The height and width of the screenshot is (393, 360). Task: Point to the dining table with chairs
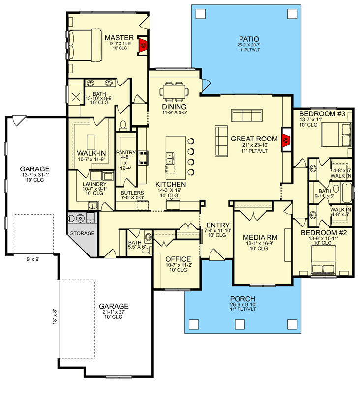coord(175,90)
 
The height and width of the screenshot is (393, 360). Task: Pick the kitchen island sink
coord(171,159)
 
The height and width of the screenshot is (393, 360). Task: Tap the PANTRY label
coord(126,153)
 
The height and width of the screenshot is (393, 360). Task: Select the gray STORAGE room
coord(82,233)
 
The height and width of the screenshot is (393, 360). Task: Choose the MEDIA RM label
coord(261,238)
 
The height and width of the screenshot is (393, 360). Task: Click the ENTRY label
coord(214,225)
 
